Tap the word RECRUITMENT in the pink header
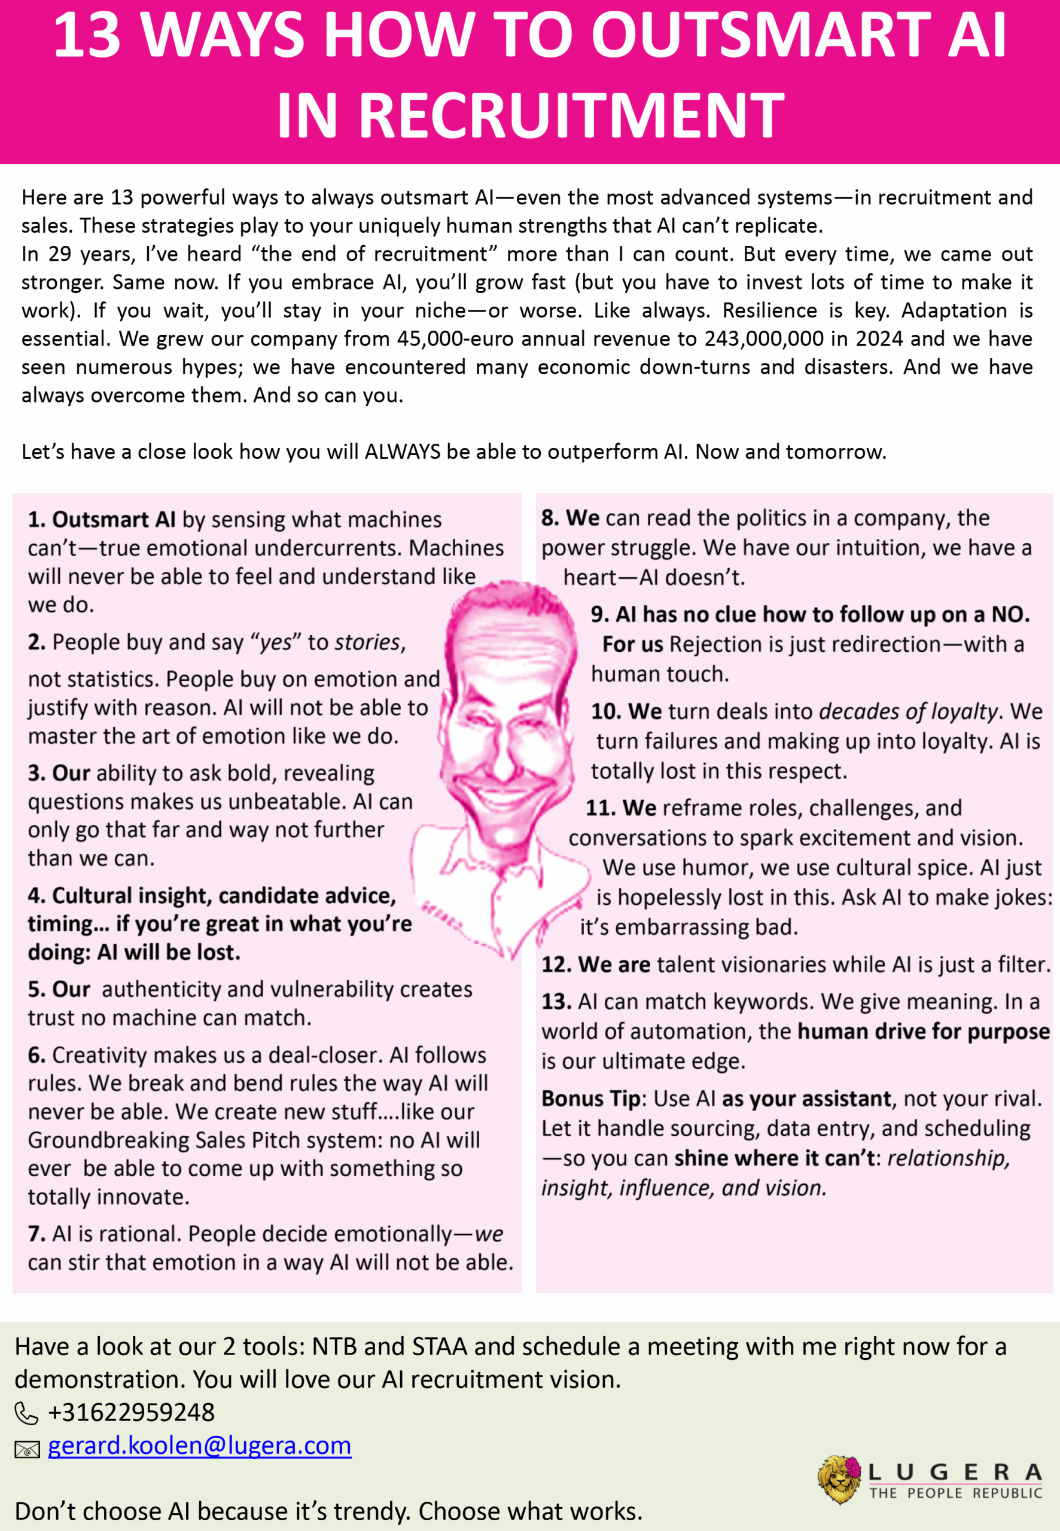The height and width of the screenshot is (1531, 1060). pyautogui.click(x=572, y=115)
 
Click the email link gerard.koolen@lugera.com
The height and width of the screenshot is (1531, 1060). pyautogui.click(x=199, y=1445)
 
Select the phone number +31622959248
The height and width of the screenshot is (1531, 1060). pyautogui.click(x=132, y=1411)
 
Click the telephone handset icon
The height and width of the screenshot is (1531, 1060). pyautogui.click(x=26, y=1414)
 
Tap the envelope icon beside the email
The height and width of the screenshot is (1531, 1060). pyautogui.click(x=26, y=1448)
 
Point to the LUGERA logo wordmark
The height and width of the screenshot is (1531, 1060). pyautogui.click(x=954, y=1472)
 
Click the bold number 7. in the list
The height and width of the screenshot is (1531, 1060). pyautogui.click(x=36, y=1234)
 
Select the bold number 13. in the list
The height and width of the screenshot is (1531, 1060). pyautogui.click(x=556, y=1001)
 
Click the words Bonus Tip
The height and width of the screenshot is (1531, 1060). pyautogui.click(x=590, y=1098)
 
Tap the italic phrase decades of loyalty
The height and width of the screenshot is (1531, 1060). pyautogui.click(x=908, y=711)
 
